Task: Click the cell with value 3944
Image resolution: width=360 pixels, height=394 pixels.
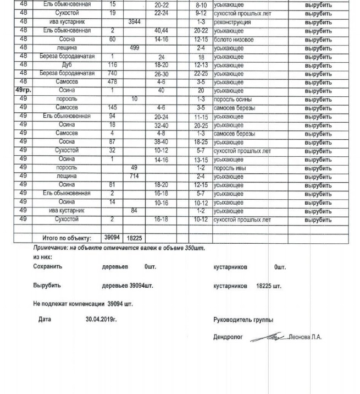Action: (x=134, y=23)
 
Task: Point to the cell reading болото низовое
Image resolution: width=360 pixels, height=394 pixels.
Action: (x=234, y=40)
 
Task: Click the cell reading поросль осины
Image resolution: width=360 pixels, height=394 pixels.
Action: (x=233, y=100)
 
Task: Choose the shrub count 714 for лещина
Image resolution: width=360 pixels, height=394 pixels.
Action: (x=134, y=177)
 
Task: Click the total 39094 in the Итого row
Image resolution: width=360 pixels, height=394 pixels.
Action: (x=112, y=238)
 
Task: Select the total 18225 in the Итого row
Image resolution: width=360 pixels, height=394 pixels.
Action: (x=134, y=238)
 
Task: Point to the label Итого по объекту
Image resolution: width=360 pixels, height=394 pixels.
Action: (x=68, y=238)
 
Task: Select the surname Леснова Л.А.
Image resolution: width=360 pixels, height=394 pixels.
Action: (x=306, y=337)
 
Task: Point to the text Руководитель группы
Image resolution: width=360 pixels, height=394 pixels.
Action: (x=243, y=320)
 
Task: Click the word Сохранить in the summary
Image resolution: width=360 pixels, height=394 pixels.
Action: (x=47, y=267)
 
